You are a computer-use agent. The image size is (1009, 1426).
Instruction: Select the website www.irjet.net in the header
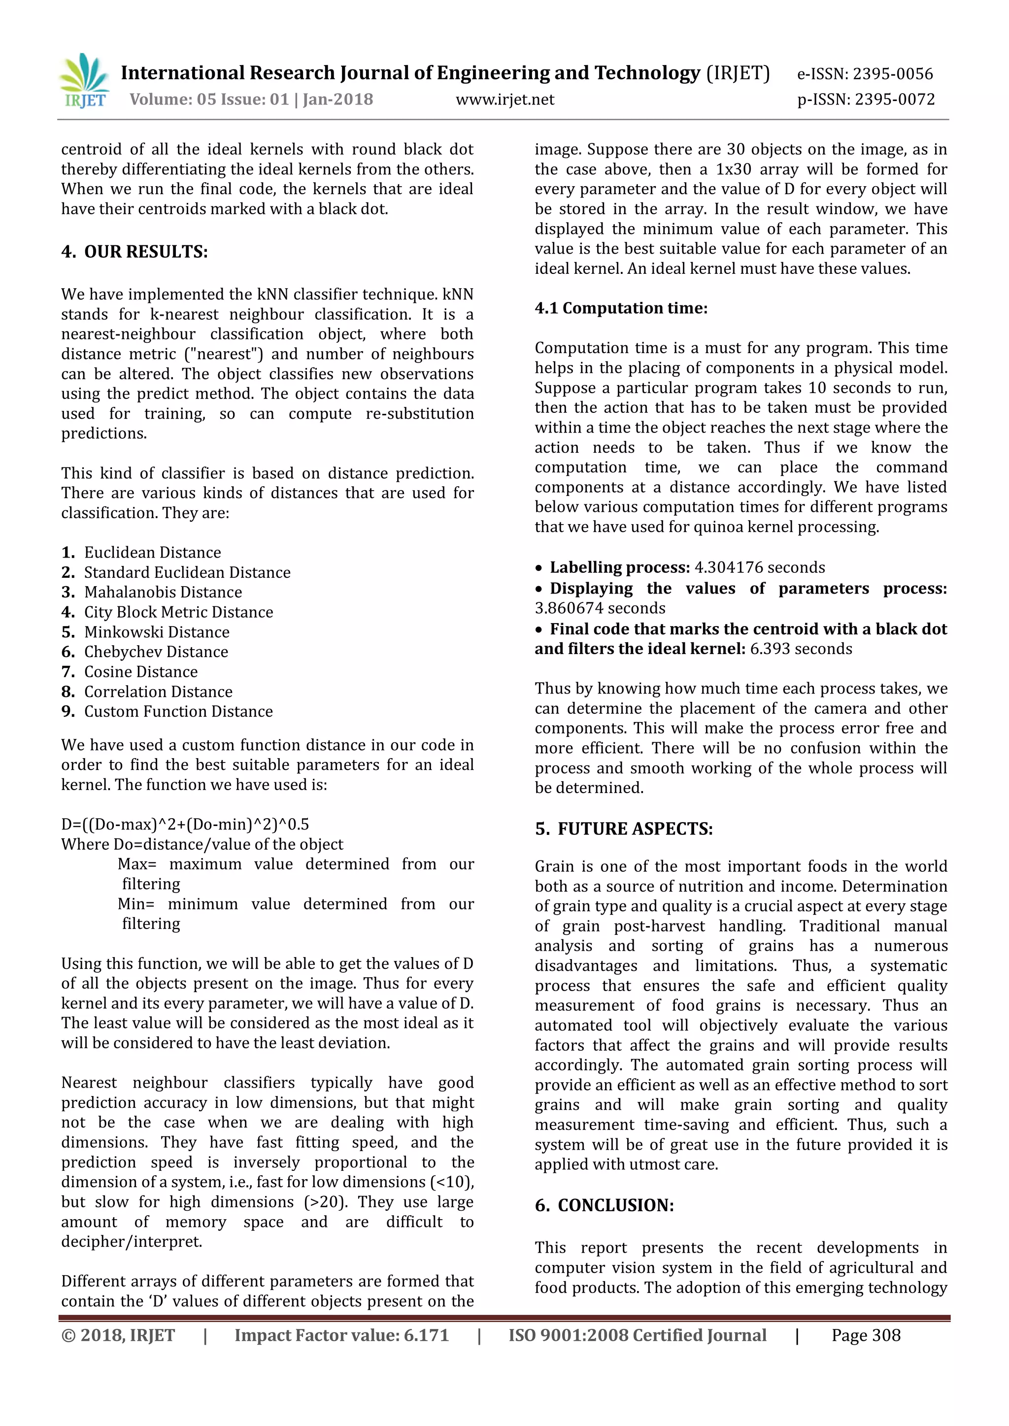(504, 99)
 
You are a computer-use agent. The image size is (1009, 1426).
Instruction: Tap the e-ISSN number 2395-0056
(892, 74)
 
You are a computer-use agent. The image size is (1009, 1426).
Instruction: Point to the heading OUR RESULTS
(145, 252)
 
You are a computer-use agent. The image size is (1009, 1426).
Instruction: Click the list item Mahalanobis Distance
(163, 592)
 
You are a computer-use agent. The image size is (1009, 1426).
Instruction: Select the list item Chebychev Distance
(156, 652)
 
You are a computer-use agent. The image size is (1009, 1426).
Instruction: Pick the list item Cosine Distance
(140, 671)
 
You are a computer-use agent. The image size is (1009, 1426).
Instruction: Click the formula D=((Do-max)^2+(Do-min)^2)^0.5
(185, 824)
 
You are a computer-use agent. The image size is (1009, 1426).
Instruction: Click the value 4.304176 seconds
(759, 567)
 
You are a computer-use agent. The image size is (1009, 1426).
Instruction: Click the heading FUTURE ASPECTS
(635, 829)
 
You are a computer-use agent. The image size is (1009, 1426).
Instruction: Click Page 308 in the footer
(866, 1335)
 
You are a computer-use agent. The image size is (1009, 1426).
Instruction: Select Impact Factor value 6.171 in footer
(341, 1335)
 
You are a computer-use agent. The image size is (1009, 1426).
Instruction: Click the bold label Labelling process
(619, 567)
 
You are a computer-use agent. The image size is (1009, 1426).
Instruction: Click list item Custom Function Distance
(178, 711)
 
